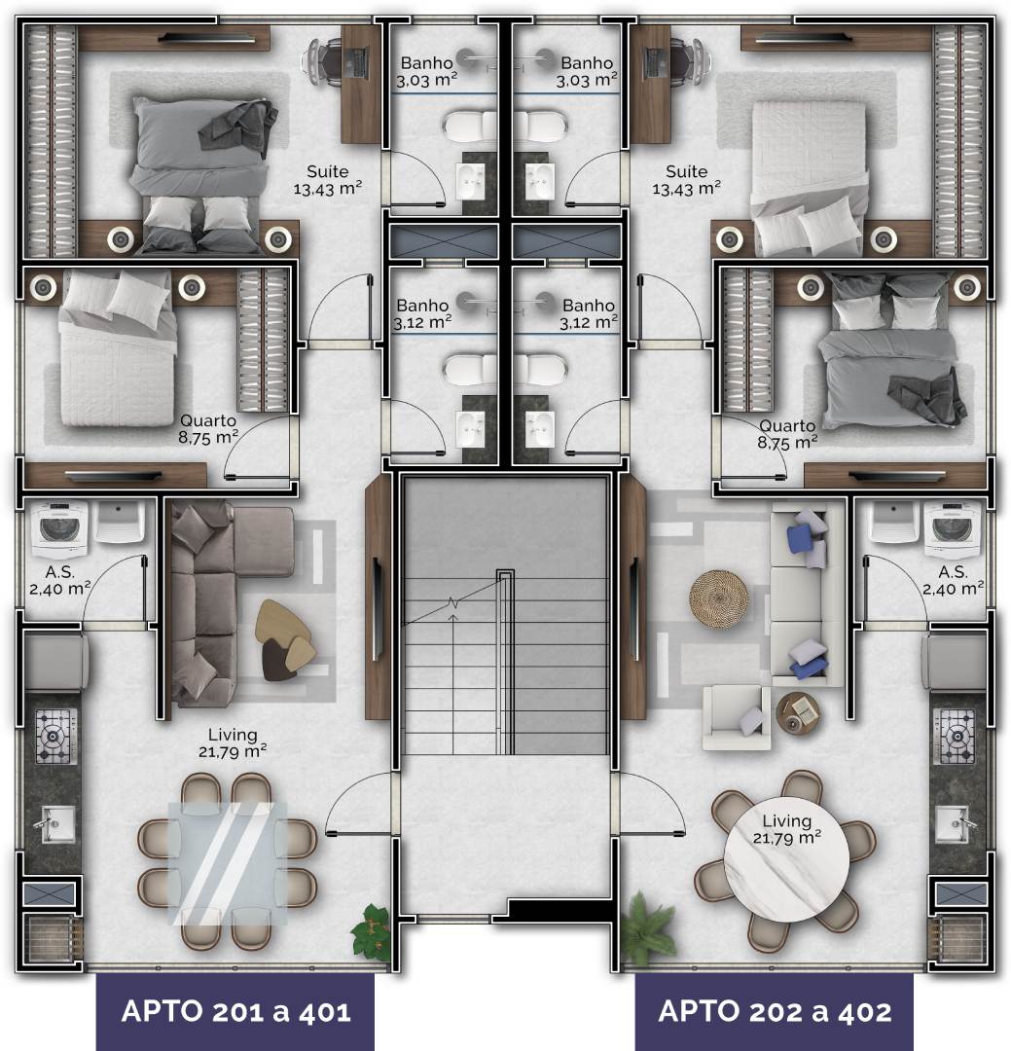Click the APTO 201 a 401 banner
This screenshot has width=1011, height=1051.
[x=235, y=1011]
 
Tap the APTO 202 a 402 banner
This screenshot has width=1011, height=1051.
[x=775, y=1011]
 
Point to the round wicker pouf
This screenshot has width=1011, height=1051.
[x=719, y=598]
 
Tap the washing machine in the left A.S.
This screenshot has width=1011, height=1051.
[x=59, y=528]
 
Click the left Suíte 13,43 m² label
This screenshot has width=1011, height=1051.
[x=328, y=180]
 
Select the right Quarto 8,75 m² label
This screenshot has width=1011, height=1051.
[x=788, y=434]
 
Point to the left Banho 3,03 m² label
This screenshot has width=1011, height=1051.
[x=427, y=72]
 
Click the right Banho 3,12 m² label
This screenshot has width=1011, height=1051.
[x=589, y=313]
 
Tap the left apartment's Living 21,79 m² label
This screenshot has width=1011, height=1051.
[x=233, y=743]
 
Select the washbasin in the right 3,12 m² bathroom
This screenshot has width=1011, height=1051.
[x=540, y=429]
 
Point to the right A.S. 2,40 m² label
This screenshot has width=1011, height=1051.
[x=953, y=580]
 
